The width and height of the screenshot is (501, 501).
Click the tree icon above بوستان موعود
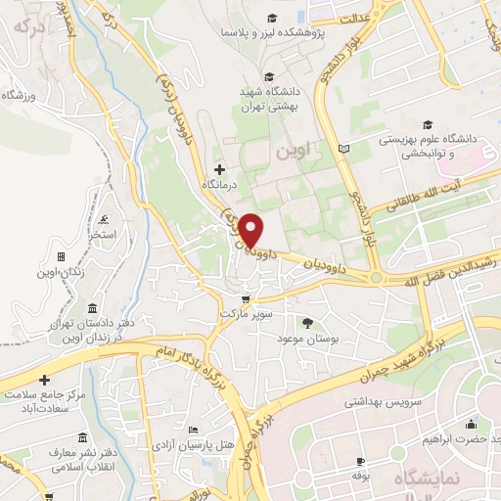[309, 322]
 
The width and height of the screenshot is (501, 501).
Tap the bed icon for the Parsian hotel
[194, 431]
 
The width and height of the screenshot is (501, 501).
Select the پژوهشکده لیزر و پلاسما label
[273, 32]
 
